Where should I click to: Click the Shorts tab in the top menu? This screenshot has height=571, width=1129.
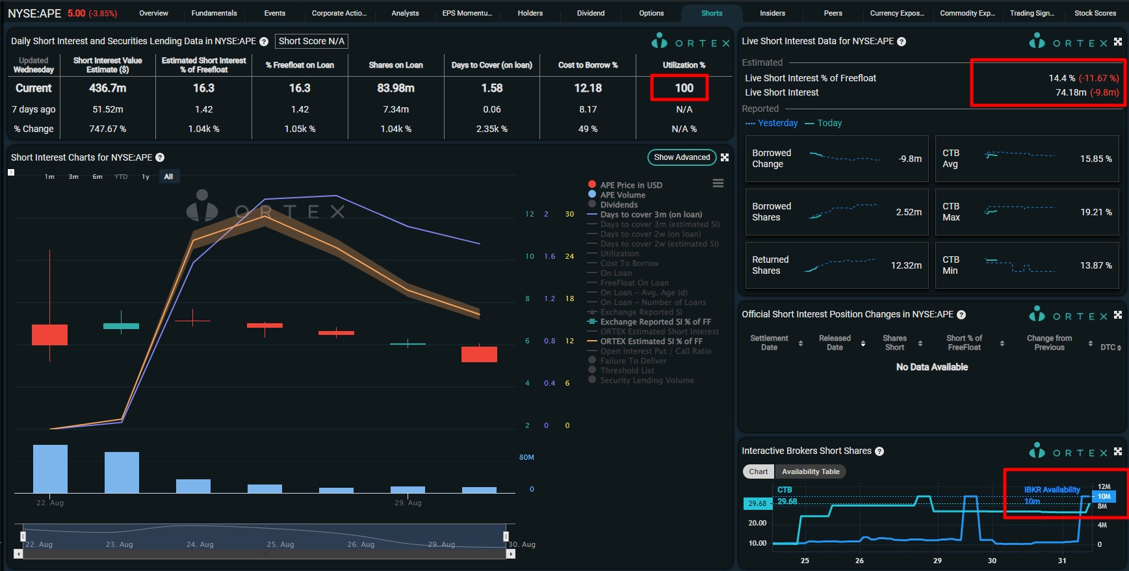(712, 13)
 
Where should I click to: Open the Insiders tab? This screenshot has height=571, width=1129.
(772, 13)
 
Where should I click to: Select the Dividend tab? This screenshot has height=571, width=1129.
(590, 13)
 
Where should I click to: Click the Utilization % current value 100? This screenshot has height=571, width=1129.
(684, 88)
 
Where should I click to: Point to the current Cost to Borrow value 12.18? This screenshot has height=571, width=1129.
(588, 88)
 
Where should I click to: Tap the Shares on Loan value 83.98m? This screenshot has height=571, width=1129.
(396, 88)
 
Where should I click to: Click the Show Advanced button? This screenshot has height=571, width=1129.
(682, 157)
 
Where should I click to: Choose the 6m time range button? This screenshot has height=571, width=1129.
(97, 177)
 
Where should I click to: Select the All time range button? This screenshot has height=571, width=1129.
(168, 177)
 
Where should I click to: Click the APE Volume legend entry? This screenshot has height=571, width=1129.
(622, 195)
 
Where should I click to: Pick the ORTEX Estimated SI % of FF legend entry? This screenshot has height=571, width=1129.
(651, 341)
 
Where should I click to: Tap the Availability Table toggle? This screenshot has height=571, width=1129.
(811, 471)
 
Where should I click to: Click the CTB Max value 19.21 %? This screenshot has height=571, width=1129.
(1096, 212)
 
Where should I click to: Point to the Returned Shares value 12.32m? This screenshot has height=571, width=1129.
(906, 265)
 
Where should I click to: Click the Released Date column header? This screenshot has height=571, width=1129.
(835, 343)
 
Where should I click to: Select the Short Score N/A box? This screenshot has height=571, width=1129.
(311, 41)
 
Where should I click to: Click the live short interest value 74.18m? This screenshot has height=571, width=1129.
(1071, 92)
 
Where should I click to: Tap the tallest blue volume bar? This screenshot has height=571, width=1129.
(50, 468)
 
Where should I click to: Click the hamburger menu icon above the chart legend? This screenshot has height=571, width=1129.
(718, 183)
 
